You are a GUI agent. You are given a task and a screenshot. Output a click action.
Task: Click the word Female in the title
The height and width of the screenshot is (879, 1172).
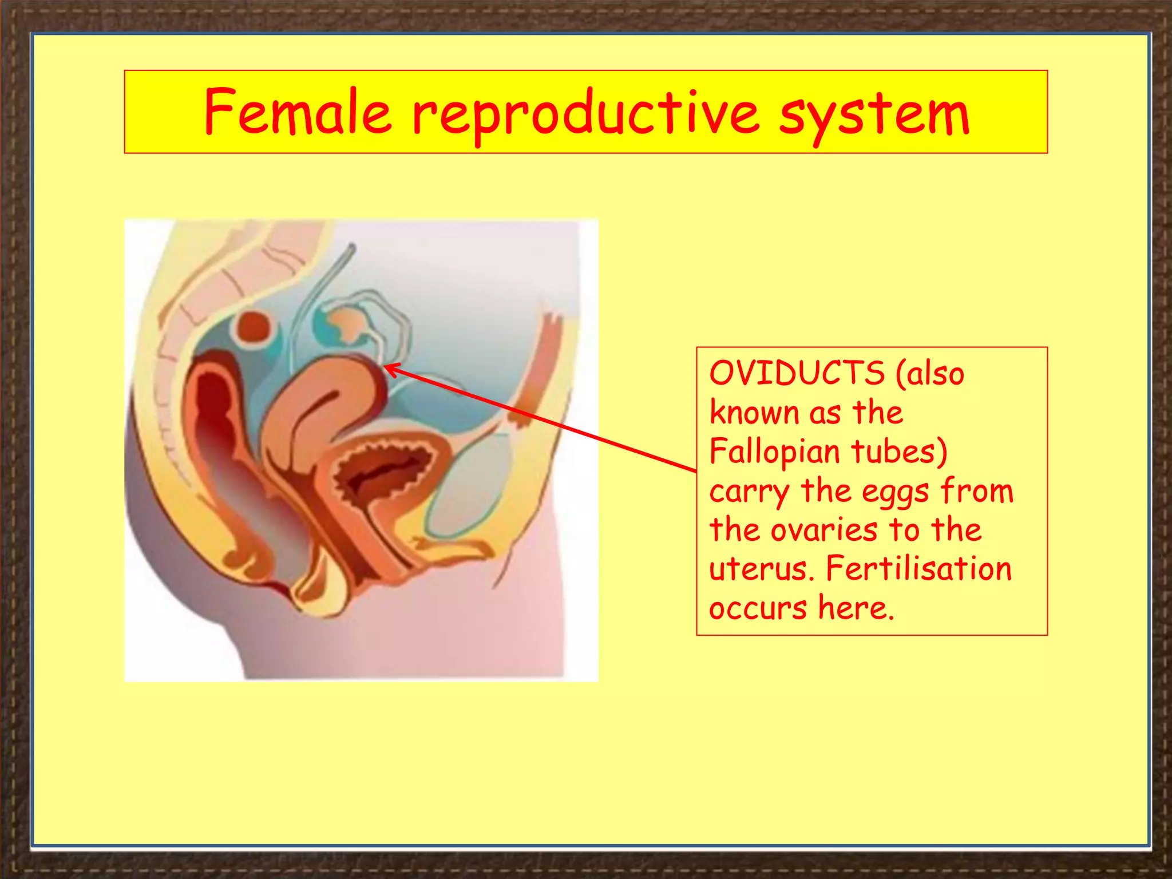click(x=298, y=112)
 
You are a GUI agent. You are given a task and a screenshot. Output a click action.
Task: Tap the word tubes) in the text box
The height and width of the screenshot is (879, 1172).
click(x=899, y=452)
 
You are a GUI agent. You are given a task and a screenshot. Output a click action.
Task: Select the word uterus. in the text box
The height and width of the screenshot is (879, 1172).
click(x=762, y=569)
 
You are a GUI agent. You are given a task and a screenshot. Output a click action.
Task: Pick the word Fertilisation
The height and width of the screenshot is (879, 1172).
click(x=918, y=569)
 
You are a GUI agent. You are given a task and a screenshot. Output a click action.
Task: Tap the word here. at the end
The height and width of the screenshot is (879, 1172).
click(x=856, y=608)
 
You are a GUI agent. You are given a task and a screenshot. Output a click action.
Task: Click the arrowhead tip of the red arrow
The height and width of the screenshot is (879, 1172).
click(x=385, y=366)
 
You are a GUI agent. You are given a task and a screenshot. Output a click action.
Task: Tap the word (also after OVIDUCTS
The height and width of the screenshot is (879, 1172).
click(x=930, y=373)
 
